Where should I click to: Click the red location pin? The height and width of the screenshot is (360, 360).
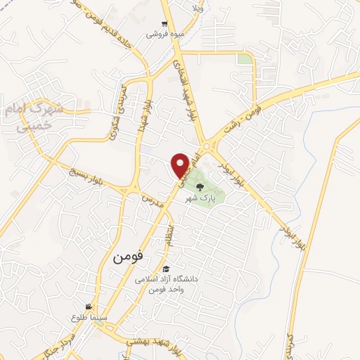181,165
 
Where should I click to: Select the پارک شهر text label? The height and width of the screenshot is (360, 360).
200,198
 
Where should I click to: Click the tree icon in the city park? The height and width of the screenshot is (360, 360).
200,187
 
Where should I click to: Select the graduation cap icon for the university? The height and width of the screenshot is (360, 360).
166,269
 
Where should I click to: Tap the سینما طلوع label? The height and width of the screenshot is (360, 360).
86,317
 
